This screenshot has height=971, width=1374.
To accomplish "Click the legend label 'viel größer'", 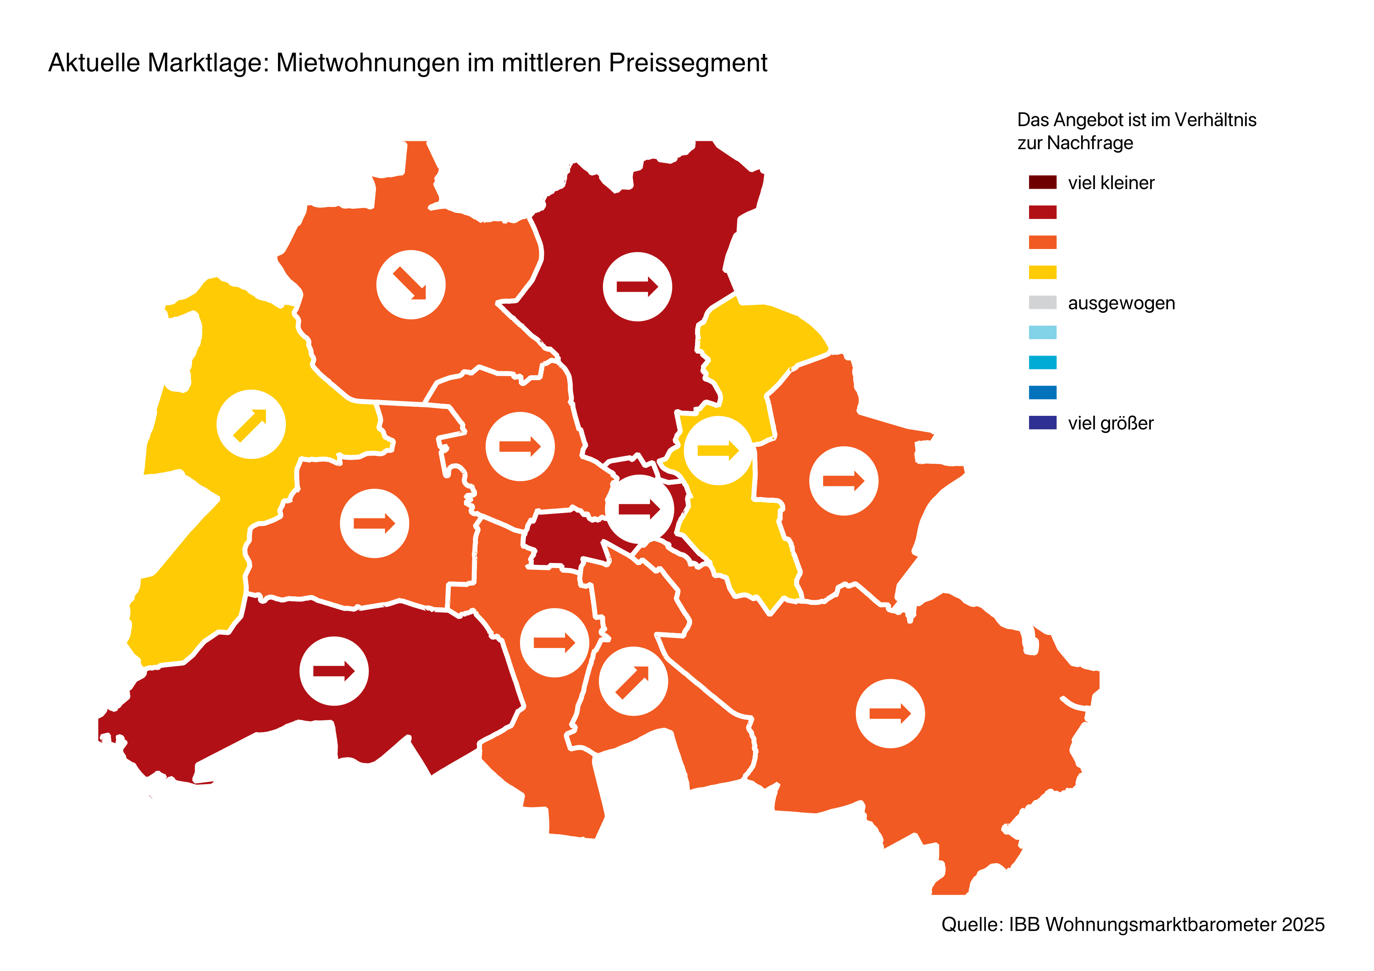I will click(1110, 423).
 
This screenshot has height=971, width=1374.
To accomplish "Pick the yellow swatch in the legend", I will click(1042, 272).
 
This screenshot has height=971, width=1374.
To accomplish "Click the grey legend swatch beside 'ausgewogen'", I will click(1042, 303).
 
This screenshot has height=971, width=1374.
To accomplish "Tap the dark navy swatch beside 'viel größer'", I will click(1042, 423).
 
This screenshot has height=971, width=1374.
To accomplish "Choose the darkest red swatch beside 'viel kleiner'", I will click(1042, 182).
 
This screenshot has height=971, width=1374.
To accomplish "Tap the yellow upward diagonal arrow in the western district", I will click(251, 425).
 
